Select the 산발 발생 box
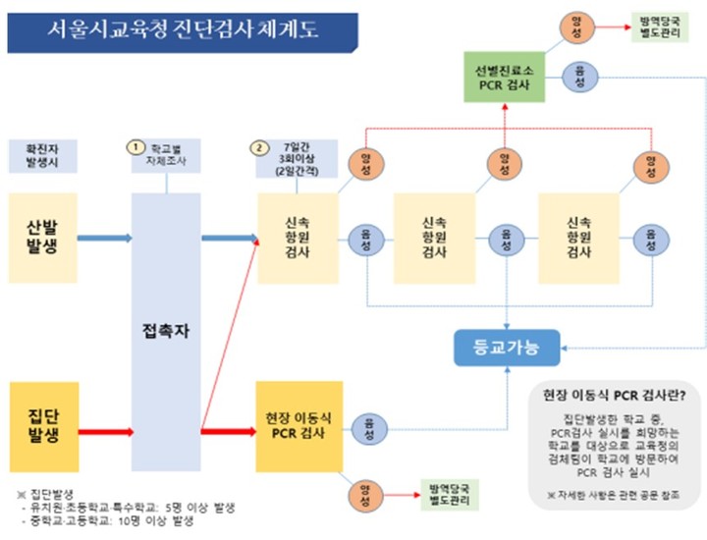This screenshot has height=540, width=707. (x=41, y=238)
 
